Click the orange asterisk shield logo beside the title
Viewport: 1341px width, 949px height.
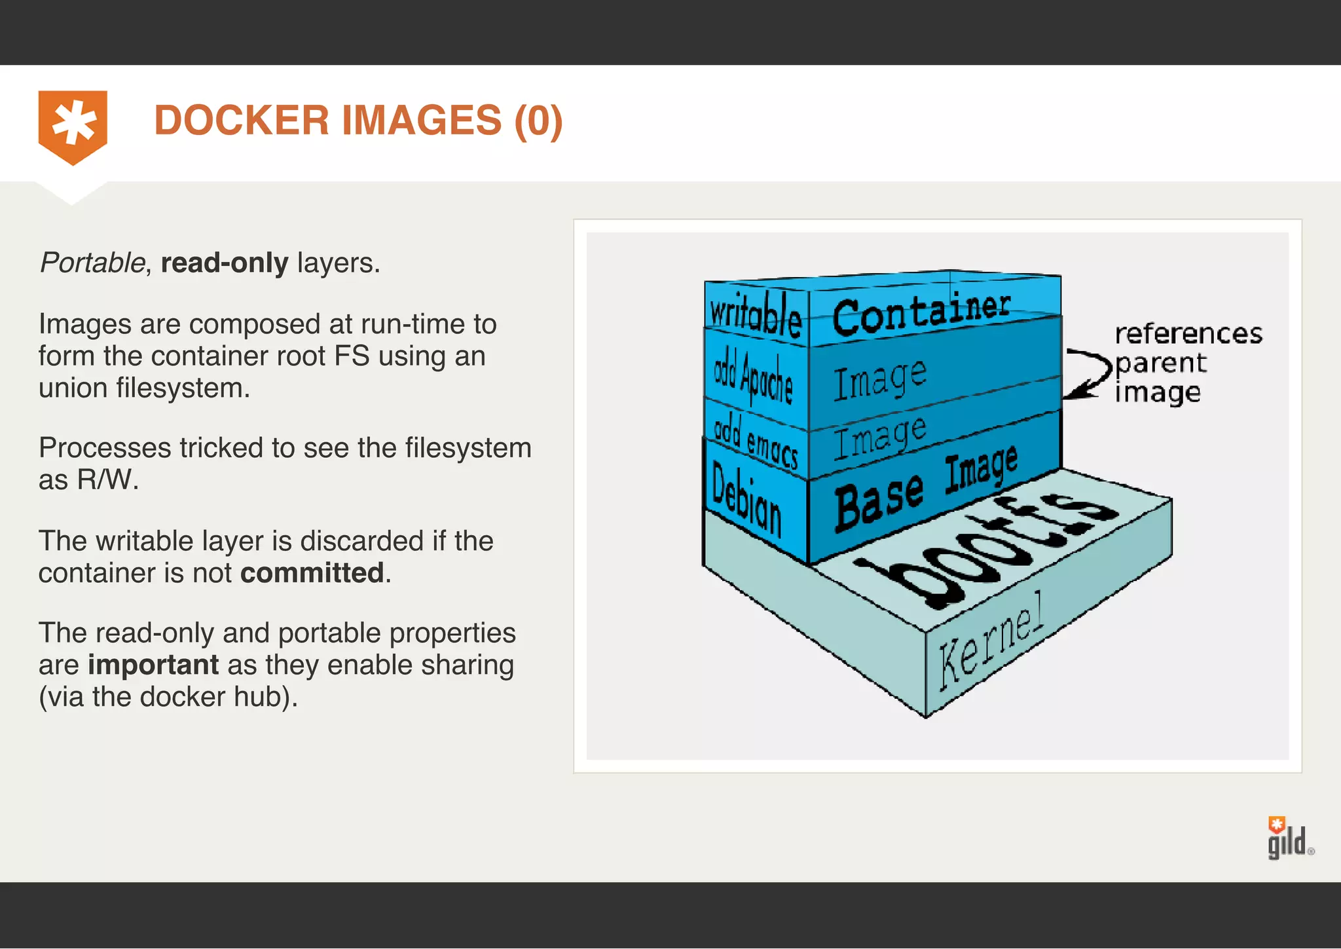[x=73, y=126]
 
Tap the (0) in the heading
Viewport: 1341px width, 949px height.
[x=538, y=121]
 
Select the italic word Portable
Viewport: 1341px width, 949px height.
[x=92, y=263]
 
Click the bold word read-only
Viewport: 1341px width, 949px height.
[x=224, y=263]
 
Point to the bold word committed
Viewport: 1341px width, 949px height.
[x=312, y=573]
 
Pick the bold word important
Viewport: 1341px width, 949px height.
[x=153, y=665]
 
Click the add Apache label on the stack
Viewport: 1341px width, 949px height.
[x=753, y=378]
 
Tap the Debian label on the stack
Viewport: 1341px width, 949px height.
[x=746, y=498]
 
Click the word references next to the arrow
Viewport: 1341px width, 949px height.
[x=1188, y=334]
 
